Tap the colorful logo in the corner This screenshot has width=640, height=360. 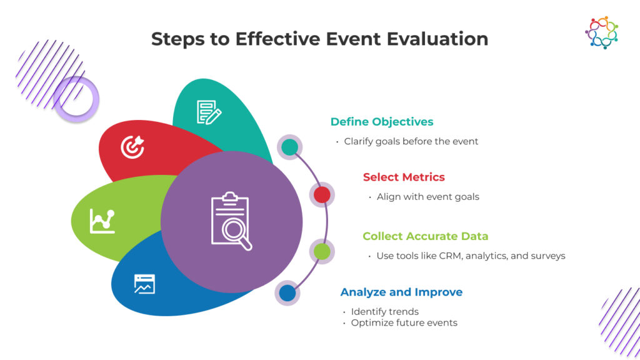[601, 32]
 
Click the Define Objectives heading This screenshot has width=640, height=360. [381, 122]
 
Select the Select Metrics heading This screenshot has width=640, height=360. [404, 177]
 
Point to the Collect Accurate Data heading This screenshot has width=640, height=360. [425, 236]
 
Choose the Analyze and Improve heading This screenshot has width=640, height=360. [401, 292]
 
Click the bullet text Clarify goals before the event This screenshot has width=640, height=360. [411, 141]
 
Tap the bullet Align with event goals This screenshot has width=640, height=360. [427, 196]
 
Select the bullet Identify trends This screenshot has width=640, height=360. [384, 311]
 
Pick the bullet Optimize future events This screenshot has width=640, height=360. [404, 323]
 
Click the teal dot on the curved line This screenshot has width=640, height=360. [289, 147]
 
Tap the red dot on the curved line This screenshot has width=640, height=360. [322, 195]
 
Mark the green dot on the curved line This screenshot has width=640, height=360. [322, 251]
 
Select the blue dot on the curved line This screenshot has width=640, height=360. [287, 292]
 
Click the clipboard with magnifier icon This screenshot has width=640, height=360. [231, 222]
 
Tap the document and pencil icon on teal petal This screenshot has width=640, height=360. [209, 112]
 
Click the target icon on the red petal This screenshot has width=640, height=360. [132, 147]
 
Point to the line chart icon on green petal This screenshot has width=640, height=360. [102, 221]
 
